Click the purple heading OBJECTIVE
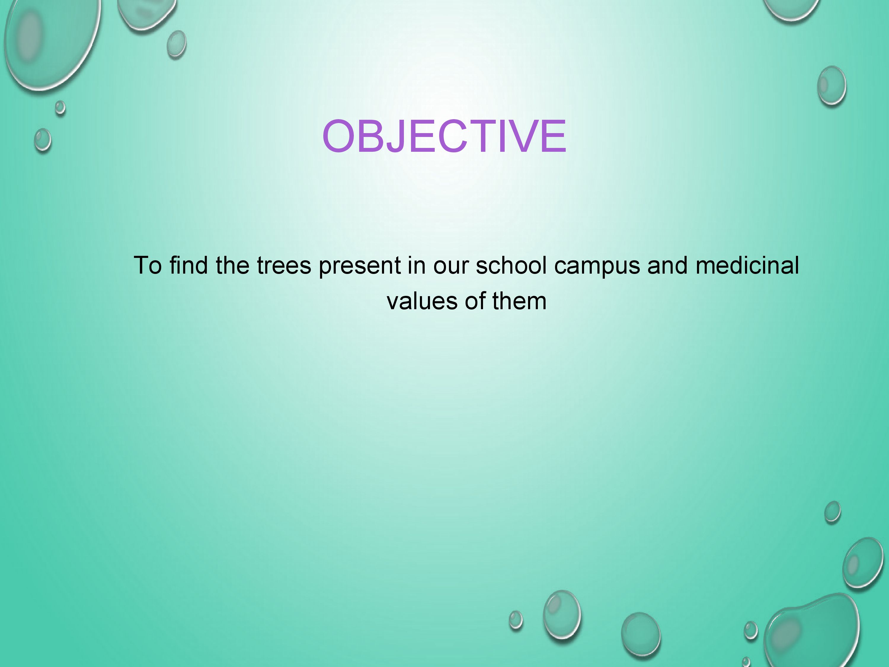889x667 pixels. tap(444, 136)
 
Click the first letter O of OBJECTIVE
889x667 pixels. tap(339, 136)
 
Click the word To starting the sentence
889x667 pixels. tap(148, 265)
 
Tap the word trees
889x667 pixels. tap(284, 265)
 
